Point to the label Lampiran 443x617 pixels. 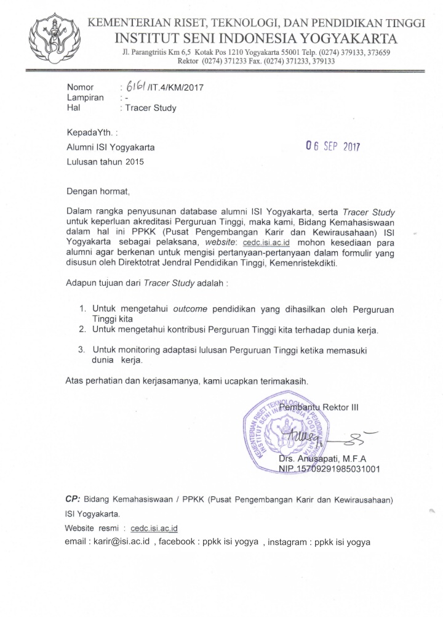tap(86, 97)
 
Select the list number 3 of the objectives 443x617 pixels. tap(81, 350)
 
